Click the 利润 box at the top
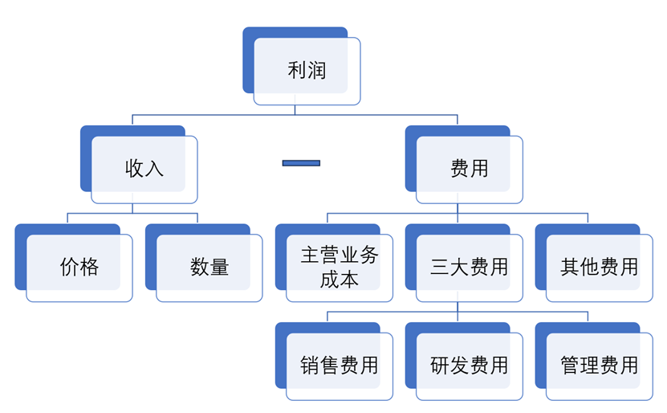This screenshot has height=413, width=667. tap(307, 71)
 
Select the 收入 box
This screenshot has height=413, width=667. tap(144, 169)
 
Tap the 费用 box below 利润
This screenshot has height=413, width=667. tap(469, 169)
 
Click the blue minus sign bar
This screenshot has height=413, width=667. tap(301, 163)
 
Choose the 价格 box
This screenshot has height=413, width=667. tap(79, 268)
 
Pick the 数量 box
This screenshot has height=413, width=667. tap(209, 268)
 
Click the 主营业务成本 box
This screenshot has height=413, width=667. tap(339, 268)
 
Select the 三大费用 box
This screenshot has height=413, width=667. tap(469, 268)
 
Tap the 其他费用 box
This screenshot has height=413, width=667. tap(599, 268)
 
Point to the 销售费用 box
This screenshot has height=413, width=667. tap(339, 366)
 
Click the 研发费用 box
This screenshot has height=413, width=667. tap(469, 366)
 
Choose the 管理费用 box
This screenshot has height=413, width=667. tap(599, 366)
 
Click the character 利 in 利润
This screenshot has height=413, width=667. tap(297, 71)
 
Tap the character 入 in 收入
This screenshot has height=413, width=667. tap(155, 169)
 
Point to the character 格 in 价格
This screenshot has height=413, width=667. tap(89, 268)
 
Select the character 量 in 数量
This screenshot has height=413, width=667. tap(220, 268)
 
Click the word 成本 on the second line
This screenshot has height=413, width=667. tap(339, 280)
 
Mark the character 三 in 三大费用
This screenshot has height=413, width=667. tap(440, 268)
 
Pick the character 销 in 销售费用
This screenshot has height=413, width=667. tap(310, 366)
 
